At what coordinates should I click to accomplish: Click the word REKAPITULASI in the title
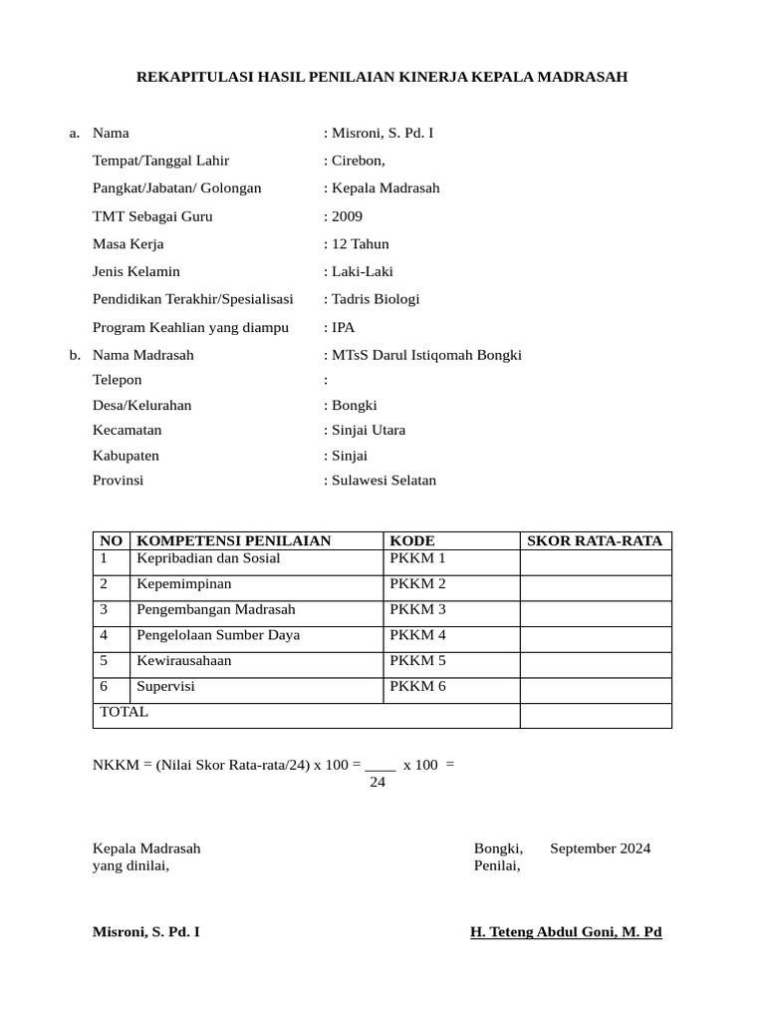tap(192, 77)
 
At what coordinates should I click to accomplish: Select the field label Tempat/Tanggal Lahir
tap(160, 161)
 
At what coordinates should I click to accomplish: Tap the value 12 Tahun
tap(360, 244)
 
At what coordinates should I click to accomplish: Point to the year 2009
tap(348, 216)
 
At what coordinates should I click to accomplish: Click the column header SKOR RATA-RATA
tap(594, 541)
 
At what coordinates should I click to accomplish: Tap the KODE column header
tap(412, 541)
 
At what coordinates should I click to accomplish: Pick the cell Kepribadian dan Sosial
tap(208, 558)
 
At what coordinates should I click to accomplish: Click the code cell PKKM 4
tap(417, 635)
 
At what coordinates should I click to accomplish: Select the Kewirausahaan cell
tap(183, 661)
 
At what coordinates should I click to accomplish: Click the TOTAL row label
tap(125, 712)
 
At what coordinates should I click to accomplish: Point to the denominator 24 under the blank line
tap(378, 783)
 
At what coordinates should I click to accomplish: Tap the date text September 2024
tap(600, 849)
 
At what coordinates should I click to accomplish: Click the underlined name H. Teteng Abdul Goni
tap(566, 932)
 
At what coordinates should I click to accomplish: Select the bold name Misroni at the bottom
tap(145, 932)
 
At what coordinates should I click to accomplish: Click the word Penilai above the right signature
tap(497, 865)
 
